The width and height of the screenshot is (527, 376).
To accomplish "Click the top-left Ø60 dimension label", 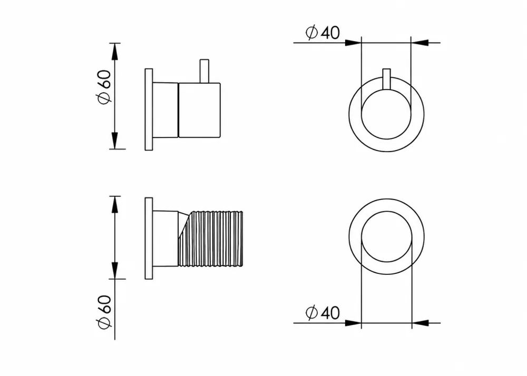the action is click(x=104, y=87).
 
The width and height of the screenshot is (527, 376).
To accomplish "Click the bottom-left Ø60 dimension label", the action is click(x=104, y=312).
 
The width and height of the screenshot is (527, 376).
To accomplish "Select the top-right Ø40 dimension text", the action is click(x=323, y=33).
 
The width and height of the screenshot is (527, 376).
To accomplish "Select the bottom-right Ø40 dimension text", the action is click(x=323, y=313).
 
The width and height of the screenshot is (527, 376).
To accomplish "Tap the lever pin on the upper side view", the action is click(x=204, y=71).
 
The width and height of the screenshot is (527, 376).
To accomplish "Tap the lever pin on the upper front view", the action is click(x=386, y=79).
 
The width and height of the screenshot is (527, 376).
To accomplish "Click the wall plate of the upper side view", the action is click(x=149, y=110).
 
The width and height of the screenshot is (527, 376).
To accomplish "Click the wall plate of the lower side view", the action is click(x=149, y=239).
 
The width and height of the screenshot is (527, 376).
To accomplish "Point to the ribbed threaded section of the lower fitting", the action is click(x=210, y=239).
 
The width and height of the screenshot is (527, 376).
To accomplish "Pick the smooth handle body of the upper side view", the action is click(x=199, y=110).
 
